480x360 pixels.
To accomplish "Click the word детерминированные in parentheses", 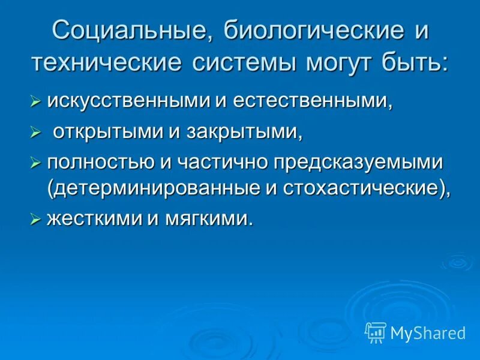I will [x=152, y=188].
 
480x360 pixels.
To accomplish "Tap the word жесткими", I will [x=92, y=218].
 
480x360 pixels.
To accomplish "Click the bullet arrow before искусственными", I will [x=35, y=103].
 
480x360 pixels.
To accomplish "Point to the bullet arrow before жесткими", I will [x=35, y=220].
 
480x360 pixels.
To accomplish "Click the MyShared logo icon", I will [x=376, y=332].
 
